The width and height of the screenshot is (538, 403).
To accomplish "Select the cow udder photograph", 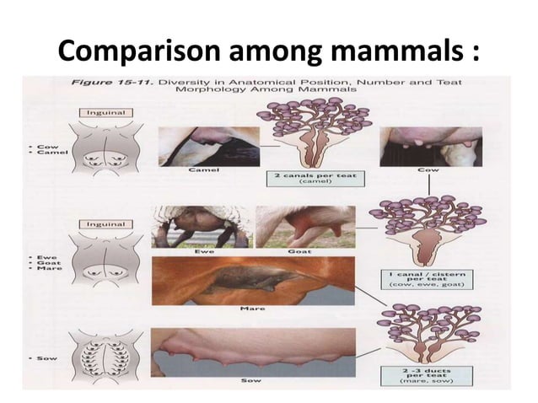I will click(430, 146).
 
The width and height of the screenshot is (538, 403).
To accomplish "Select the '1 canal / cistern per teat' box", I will click(428, 278).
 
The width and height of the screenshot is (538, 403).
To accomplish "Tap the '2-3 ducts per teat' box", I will click(427, 374).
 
